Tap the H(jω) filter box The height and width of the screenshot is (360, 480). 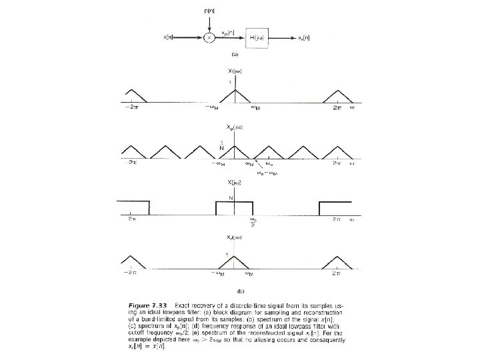(x=257, y=37)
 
